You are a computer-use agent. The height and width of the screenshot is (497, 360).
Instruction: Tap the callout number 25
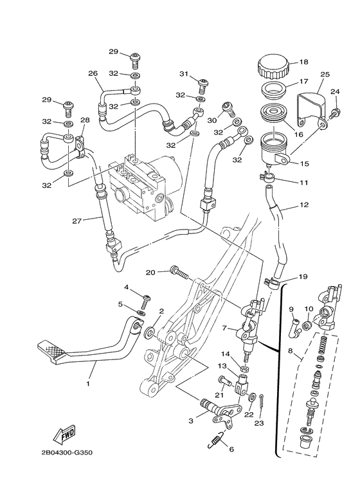(x=325, y=75)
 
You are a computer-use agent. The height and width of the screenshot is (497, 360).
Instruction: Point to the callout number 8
(x=290, y=352)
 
